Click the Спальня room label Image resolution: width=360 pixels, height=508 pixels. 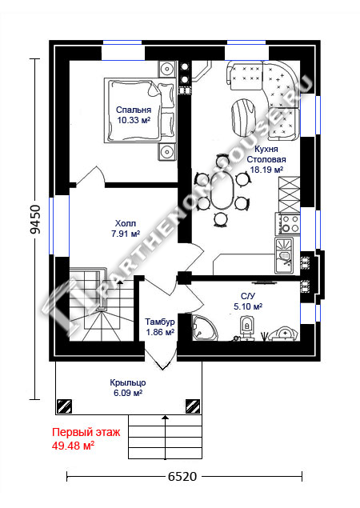click(134, 110)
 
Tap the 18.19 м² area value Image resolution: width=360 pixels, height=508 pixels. click(266, 170)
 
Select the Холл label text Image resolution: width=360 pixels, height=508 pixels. click(126, 223)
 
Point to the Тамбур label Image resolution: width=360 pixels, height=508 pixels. click(160, 322)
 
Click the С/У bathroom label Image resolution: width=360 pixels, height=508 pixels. click(248, 296)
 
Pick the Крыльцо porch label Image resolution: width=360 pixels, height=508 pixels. click(128, 382)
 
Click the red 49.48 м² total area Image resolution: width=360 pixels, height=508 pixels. click(74, 446)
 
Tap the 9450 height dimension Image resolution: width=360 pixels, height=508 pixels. click(35, 219)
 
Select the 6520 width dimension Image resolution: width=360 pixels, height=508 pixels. click(182, 477)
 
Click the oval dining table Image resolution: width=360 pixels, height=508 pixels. click(222, 194)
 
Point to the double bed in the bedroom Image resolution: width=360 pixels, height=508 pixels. click(140, 110)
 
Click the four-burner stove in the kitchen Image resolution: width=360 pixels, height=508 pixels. click(287, 223)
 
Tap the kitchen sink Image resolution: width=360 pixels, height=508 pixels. click(284, 256)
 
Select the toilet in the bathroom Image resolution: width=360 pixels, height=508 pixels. click(246, 326)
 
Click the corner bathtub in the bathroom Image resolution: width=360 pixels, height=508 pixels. click(205, 328)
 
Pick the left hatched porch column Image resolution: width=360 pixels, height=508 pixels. click(64, 406)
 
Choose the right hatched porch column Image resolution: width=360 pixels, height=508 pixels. click(193, 406)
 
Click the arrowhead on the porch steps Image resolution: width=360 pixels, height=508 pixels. click(166, 418)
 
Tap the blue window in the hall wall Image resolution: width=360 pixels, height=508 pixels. click(51, 226)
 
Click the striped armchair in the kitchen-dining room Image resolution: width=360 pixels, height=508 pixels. click(242, 118)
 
